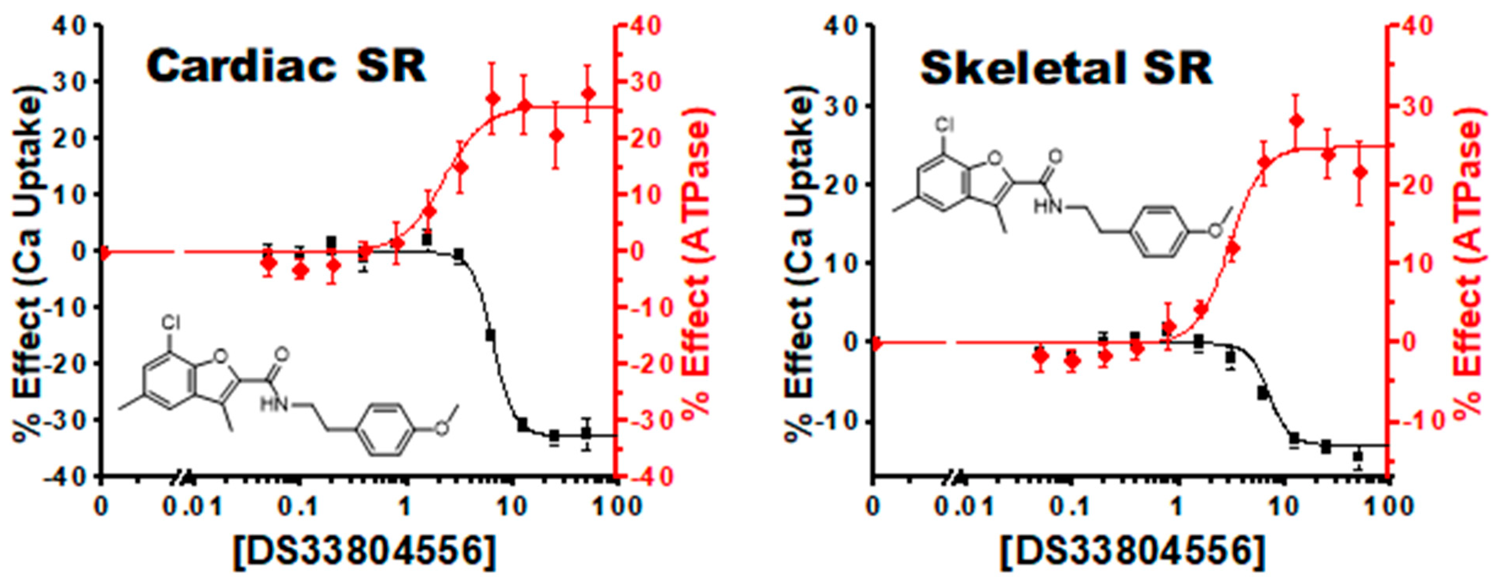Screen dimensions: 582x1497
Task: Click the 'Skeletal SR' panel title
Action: [x=1066, y=69]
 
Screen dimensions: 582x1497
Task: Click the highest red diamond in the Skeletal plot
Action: [x=1296, y=120]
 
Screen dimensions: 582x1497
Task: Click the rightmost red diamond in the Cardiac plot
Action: [x=588, y=94]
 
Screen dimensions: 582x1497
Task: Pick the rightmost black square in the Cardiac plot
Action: [x=586, y=433]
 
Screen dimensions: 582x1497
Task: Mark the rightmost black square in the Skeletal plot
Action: [x=1358, y=457]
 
